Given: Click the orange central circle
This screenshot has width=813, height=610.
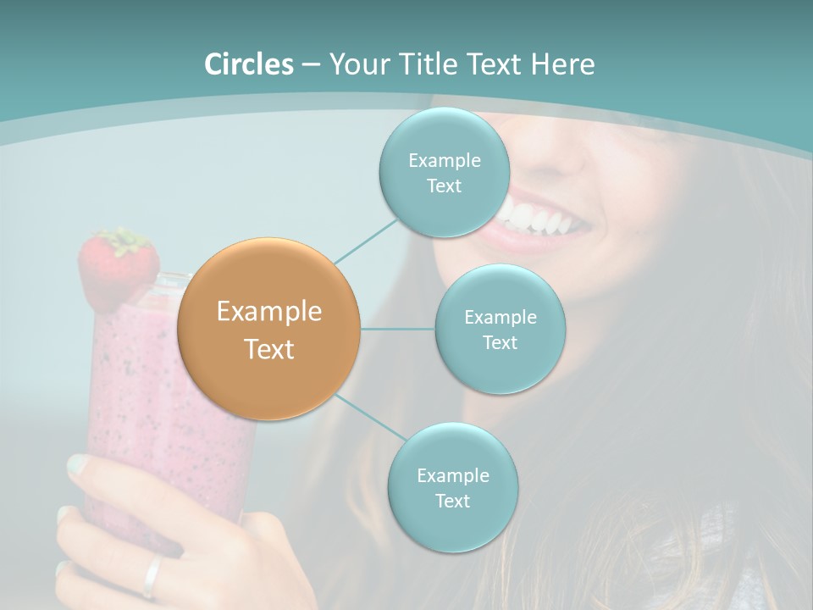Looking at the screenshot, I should [x=268, y=329].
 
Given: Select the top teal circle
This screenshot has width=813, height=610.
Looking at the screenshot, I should [x=443, y=173].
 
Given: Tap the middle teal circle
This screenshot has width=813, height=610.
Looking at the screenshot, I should [x=500, y=329].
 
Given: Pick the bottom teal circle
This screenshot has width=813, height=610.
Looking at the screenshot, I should [x=452, y=487].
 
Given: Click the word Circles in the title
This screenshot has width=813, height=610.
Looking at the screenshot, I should [x=249, y=64].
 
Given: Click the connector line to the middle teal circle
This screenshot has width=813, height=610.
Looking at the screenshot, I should [x=398, y=329].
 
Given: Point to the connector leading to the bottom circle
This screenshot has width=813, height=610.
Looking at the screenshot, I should [x=369, y=419].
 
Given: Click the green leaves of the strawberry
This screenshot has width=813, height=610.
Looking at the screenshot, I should [x=125, y=241].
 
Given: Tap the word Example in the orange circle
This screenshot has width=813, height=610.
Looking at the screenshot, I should [x=268, y=312].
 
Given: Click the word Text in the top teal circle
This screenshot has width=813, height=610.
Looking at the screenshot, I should [x=444, y=186].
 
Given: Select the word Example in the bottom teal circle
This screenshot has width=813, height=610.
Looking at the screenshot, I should [x=452, y=475].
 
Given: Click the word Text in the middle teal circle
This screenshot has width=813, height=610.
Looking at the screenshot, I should [x=500, y=342].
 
